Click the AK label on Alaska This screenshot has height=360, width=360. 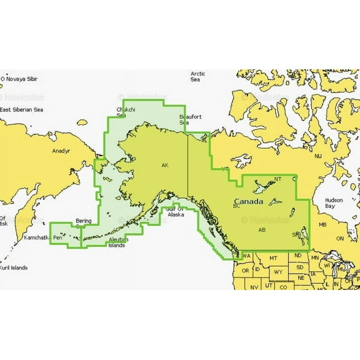tap(164, 166)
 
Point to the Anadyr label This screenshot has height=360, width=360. tap(60, 151)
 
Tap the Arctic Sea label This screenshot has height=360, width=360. tap(197, 77)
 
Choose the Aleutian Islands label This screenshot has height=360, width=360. tap(118, 242)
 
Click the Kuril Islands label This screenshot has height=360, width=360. tap(14, 267)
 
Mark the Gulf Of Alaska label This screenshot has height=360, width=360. tap(175, 211)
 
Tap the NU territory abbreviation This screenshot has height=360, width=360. tap(317, 156)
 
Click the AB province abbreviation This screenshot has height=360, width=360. tap(261, 230)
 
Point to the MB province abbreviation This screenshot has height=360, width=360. tap(323, 225)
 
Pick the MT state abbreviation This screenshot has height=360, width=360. tap(273, 258)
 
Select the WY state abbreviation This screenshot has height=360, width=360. tap(278, 272)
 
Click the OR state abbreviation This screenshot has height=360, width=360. tap(245, 270)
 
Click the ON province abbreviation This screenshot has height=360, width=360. tap(341, 239)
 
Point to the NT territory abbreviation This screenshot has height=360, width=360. tap(278, 179)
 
